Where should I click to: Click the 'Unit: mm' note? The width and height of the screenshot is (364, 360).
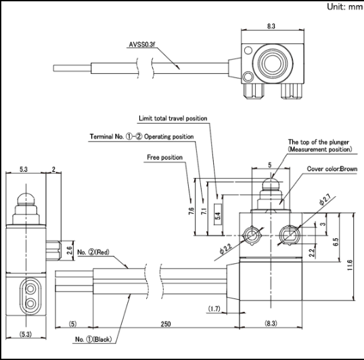pos(344,7)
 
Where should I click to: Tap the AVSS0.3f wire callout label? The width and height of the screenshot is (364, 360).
pos(142,45)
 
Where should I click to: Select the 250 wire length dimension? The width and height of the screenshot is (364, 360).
pos(166,323)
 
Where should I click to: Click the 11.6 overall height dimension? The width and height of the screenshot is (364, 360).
pos(350,265)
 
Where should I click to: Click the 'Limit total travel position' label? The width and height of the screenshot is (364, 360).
pos(173,118)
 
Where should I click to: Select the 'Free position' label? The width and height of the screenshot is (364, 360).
pos(165,158)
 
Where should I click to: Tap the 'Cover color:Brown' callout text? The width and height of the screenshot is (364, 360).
pos(332,168)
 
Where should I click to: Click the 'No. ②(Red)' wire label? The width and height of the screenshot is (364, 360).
pos(93,252)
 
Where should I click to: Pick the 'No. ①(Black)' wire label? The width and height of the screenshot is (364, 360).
pos(93,339)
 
